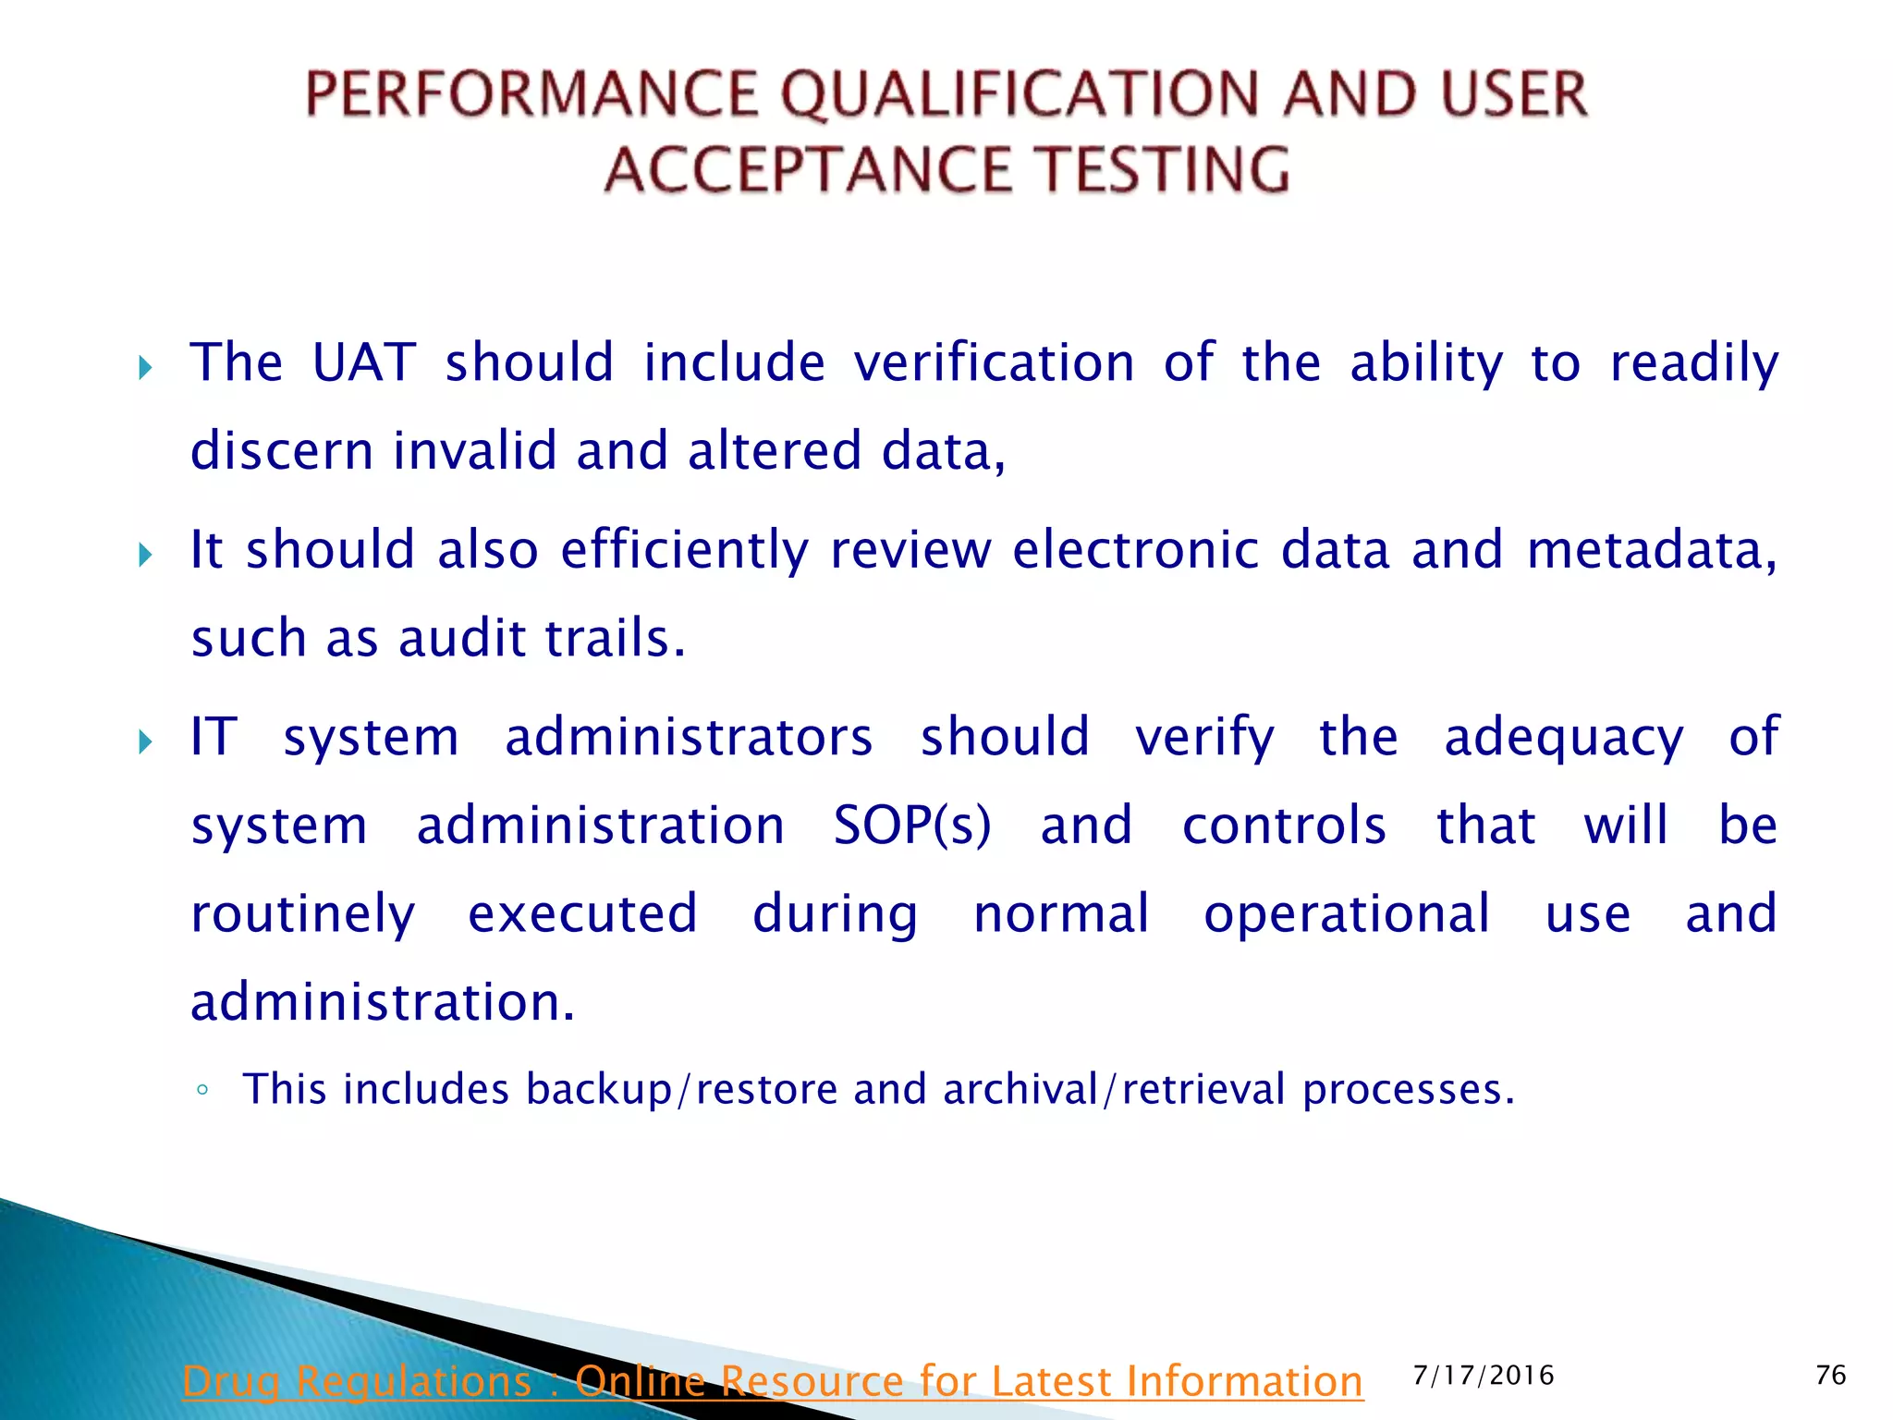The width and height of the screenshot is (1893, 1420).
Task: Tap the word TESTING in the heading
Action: pos(1161,170)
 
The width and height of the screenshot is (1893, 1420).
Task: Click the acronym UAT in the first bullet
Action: pos(363,361)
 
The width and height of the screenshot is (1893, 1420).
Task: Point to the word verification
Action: pos(994,361)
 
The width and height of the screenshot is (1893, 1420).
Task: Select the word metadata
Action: pos(1651,549)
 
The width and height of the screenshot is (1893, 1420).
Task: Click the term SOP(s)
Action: pos(911,825)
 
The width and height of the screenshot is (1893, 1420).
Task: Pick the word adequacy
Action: pos(1563,738)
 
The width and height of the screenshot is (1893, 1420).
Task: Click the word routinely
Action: pos(303,914)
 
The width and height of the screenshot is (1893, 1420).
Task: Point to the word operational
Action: pos(1346,913)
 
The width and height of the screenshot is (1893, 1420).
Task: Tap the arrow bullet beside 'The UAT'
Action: pos(145,369)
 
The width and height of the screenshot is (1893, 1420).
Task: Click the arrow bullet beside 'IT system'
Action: pos(145,741)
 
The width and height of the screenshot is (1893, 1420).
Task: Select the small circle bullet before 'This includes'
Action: pos(202,1090)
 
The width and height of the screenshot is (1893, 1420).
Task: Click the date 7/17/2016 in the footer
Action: pos(1483,1376)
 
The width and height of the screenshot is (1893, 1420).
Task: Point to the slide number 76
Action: pos(1830,1376)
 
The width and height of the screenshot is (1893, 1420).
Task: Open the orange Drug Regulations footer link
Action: pos(772,1381)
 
